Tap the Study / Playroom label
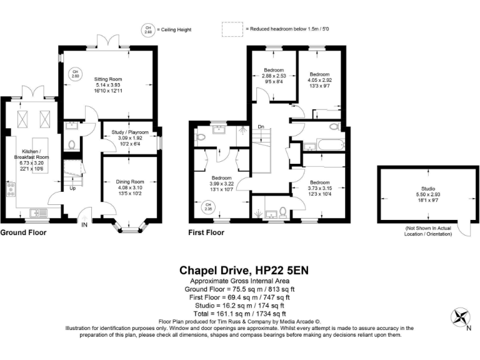click(x=129, y=132)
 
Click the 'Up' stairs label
click(x=73, y=188)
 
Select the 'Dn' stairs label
click(x=261, y=127)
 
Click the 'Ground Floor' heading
click(x=23, y=232)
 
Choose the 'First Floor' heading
click(x=206, y=232)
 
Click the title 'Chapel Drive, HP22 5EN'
click(x=244, y=271)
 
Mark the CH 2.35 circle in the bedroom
click(x=208, y=206)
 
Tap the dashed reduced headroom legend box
click(x=231, y=29)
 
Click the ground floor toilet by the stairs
click(x=72, y=145)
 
